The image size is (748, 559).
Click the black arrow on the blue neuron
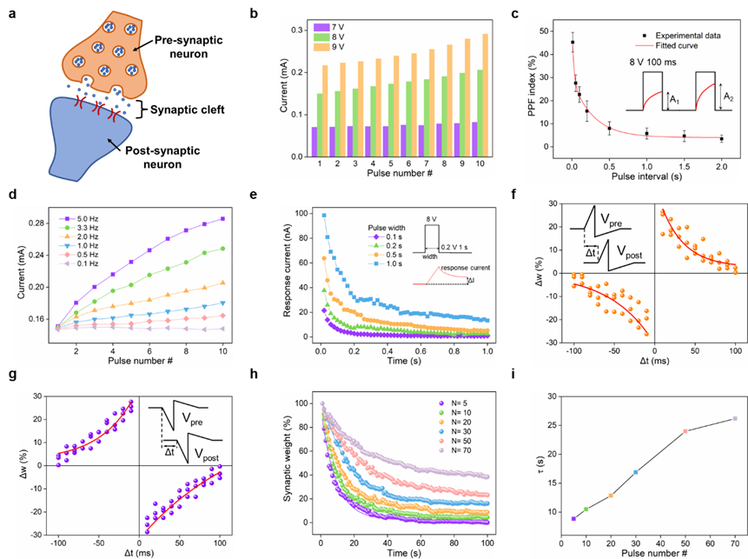coord(112,138)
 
